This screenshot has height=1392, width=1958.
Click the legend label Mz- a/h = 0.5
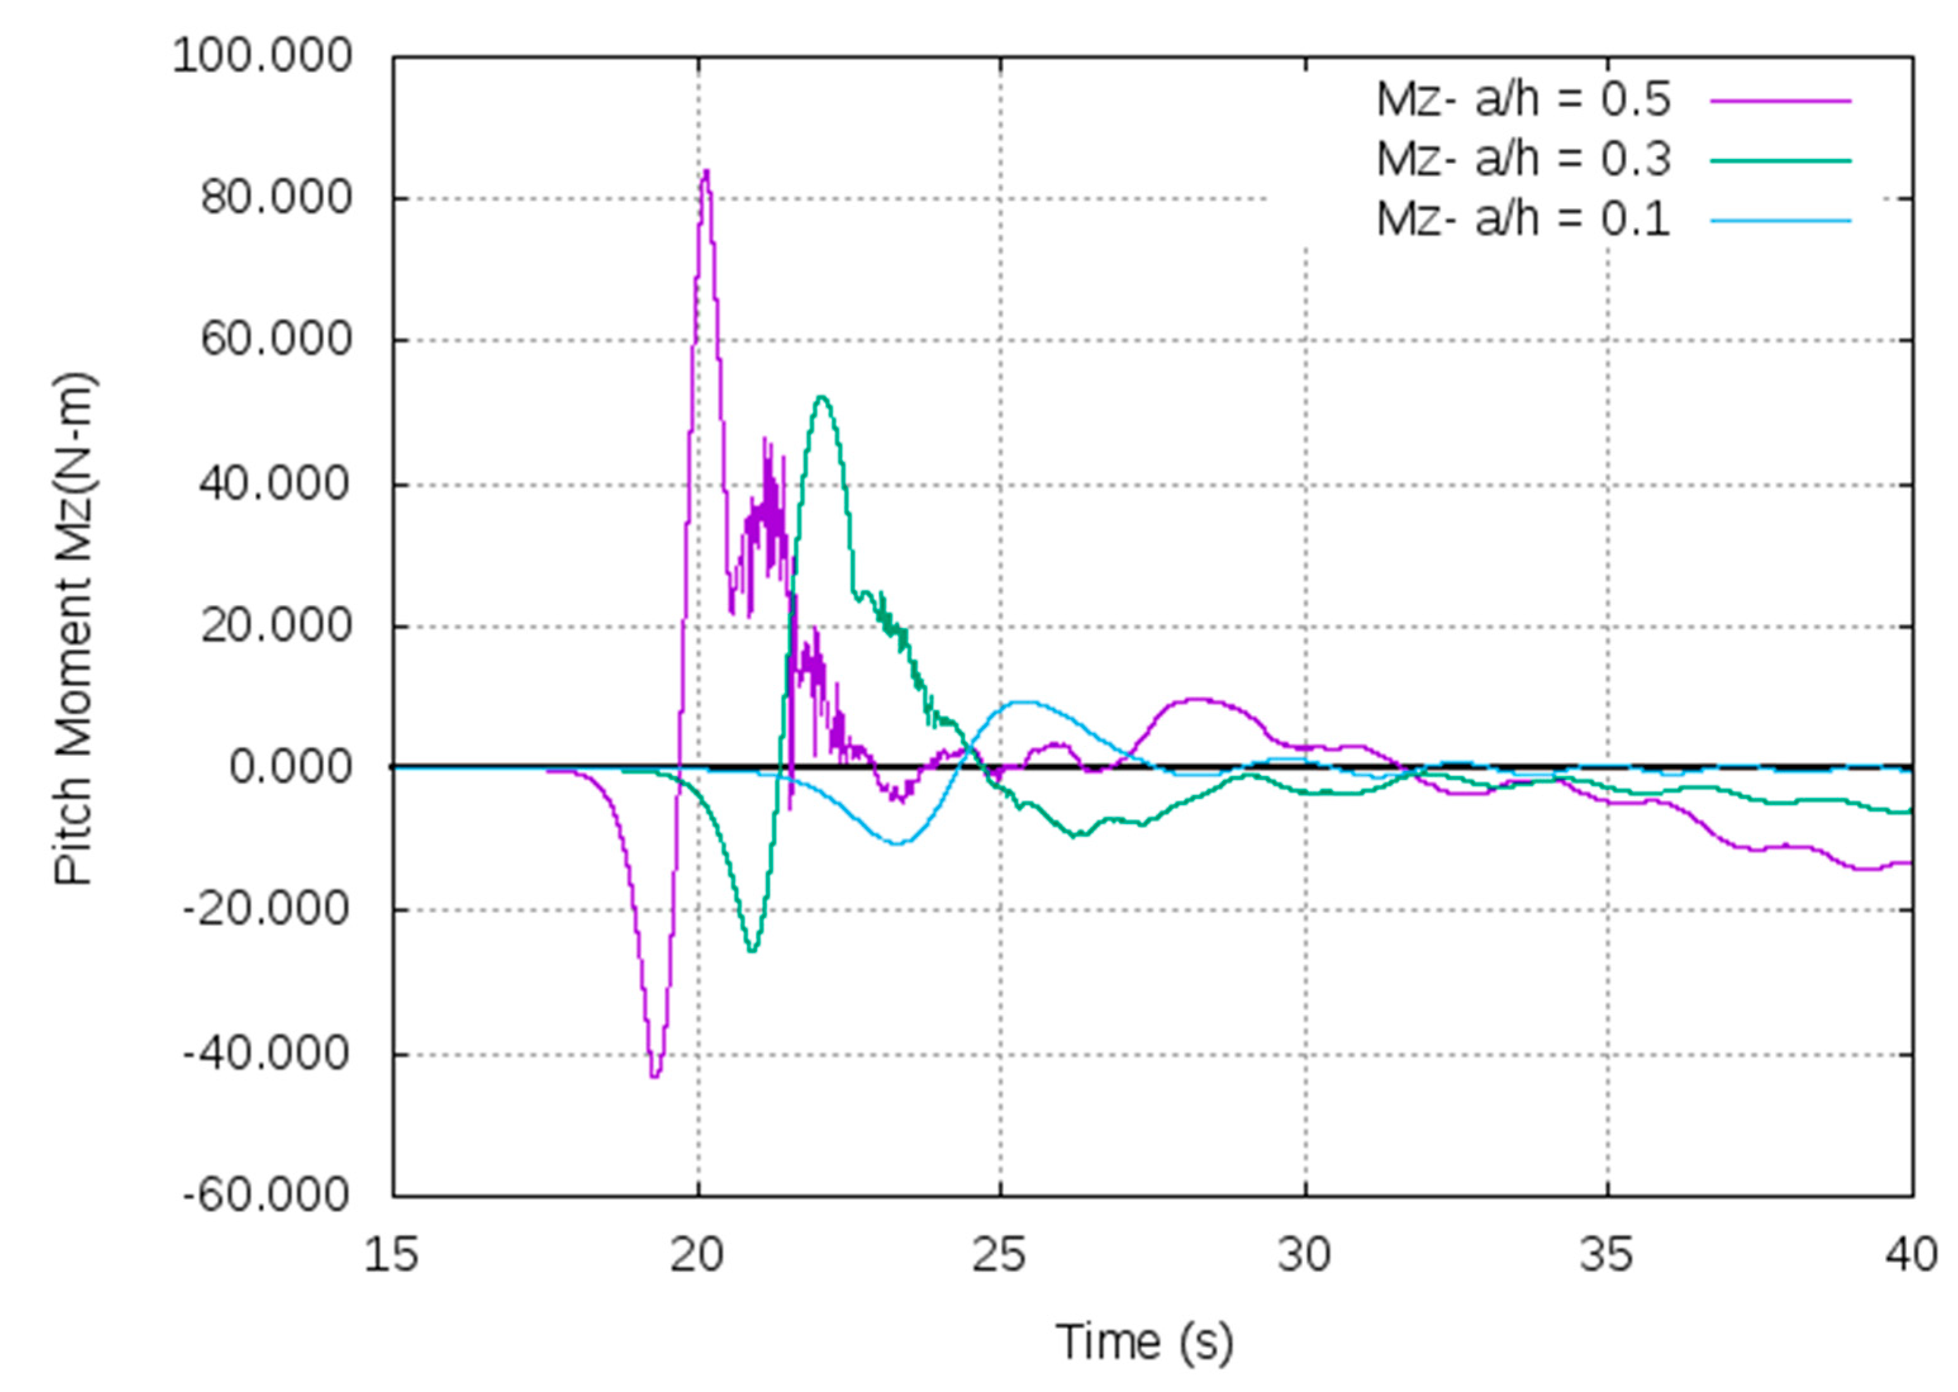click(x=1522, y=99)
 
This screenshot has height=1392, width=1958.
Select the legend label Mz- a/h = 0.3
click(x=1522, y=160)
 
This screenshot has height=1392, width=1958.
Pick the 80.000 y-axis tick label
click(x=276, y=198)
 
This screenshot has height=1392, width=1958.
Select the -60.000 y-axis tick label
click(x=267, y=1195)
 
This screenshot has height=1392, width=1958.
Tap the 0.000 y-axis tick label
click(x=290, y=767)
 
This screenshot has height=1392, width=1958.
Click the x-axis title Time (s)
click(x=1144, y=1342)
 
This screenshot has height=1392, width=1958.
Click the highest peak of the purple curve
click(x=706, y=172)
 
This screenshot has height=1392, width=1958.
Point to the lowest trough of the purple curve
click(x=655, y=1075)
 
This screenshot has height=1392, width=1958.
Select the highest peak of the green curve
click(x=822, y=397)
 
